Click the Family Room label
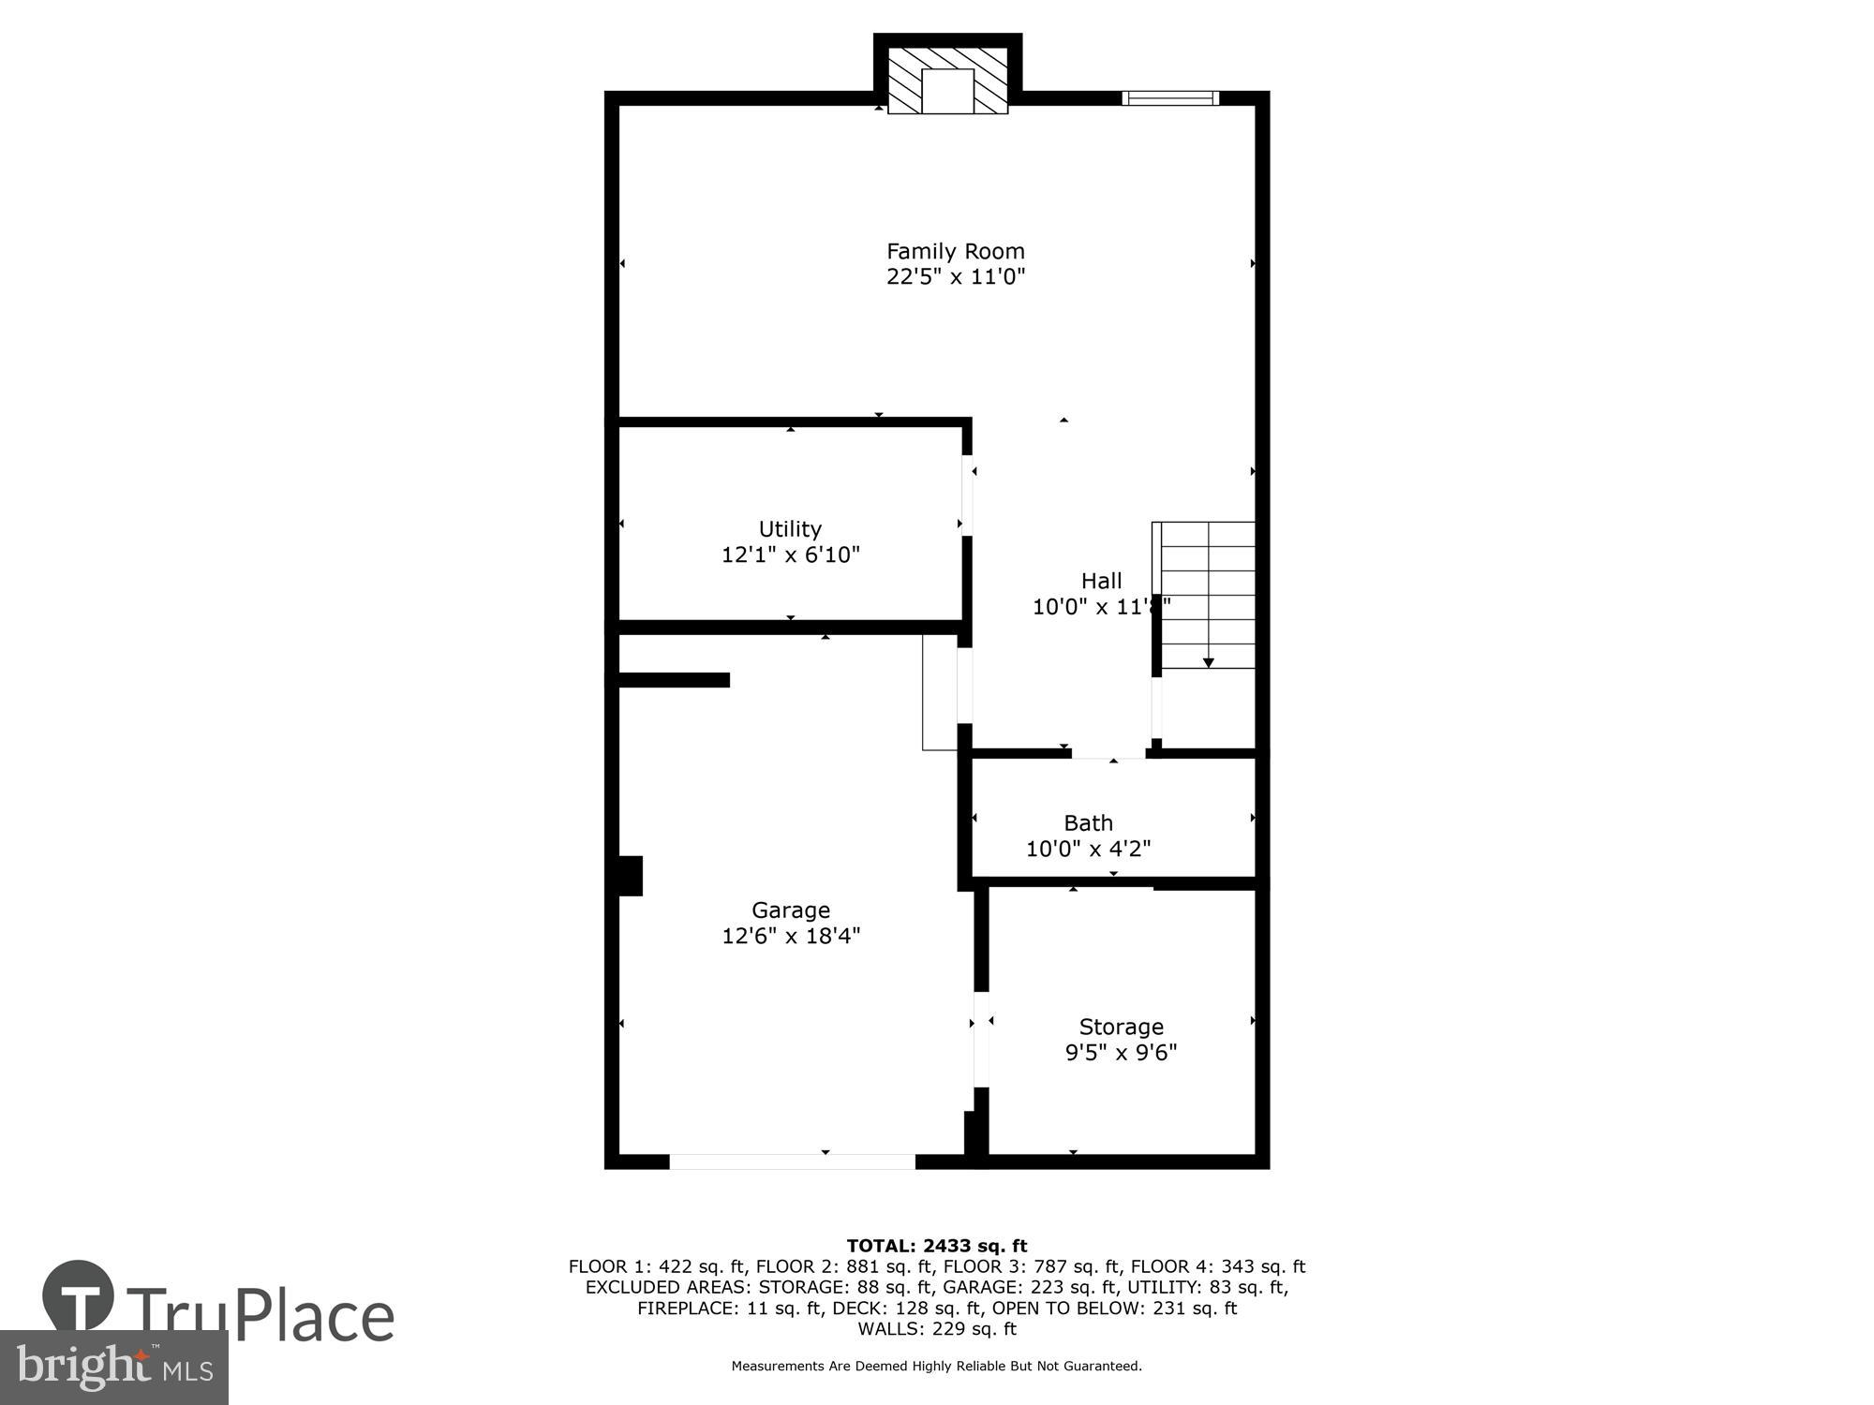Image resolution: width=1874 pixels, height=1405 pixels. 956,251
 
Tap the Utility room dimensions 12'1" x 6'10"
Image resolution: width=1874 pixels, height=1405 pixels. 790,555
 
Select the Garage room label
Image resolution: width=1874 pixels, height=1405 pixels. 791,910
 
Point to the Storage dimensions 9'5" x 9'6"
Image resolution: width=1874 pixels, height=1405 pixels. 1121,1052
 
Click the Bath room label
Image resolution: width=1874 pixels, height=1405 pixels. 1088,822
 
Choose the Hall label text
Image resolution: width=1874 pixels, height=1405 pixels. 1101,581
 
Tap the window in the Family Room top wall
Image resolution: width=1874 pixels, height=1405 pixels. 1170,97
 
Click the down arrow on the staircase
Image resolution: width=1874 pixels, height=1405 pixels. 1208,661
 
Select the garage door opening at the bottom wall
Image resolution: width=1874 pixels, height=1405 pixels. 792,1161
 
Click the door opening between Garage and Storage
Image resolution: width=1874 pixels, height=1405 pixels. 981,1040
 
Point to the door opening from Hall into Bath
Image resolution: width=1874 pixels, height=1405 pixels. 1109,753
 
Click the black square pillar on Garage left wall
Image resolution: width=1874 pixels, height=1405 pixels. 631,876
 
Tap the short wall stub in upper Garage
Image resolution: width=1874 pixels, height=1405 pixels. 674,680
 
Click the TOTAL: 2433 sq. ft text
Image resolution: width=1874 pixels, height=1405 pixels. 937,1246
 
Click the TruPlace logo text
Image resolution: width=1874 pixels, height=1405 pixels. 260,1316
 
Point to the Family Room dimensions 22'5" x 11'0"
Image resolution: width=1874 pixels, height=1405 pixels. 956,277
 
